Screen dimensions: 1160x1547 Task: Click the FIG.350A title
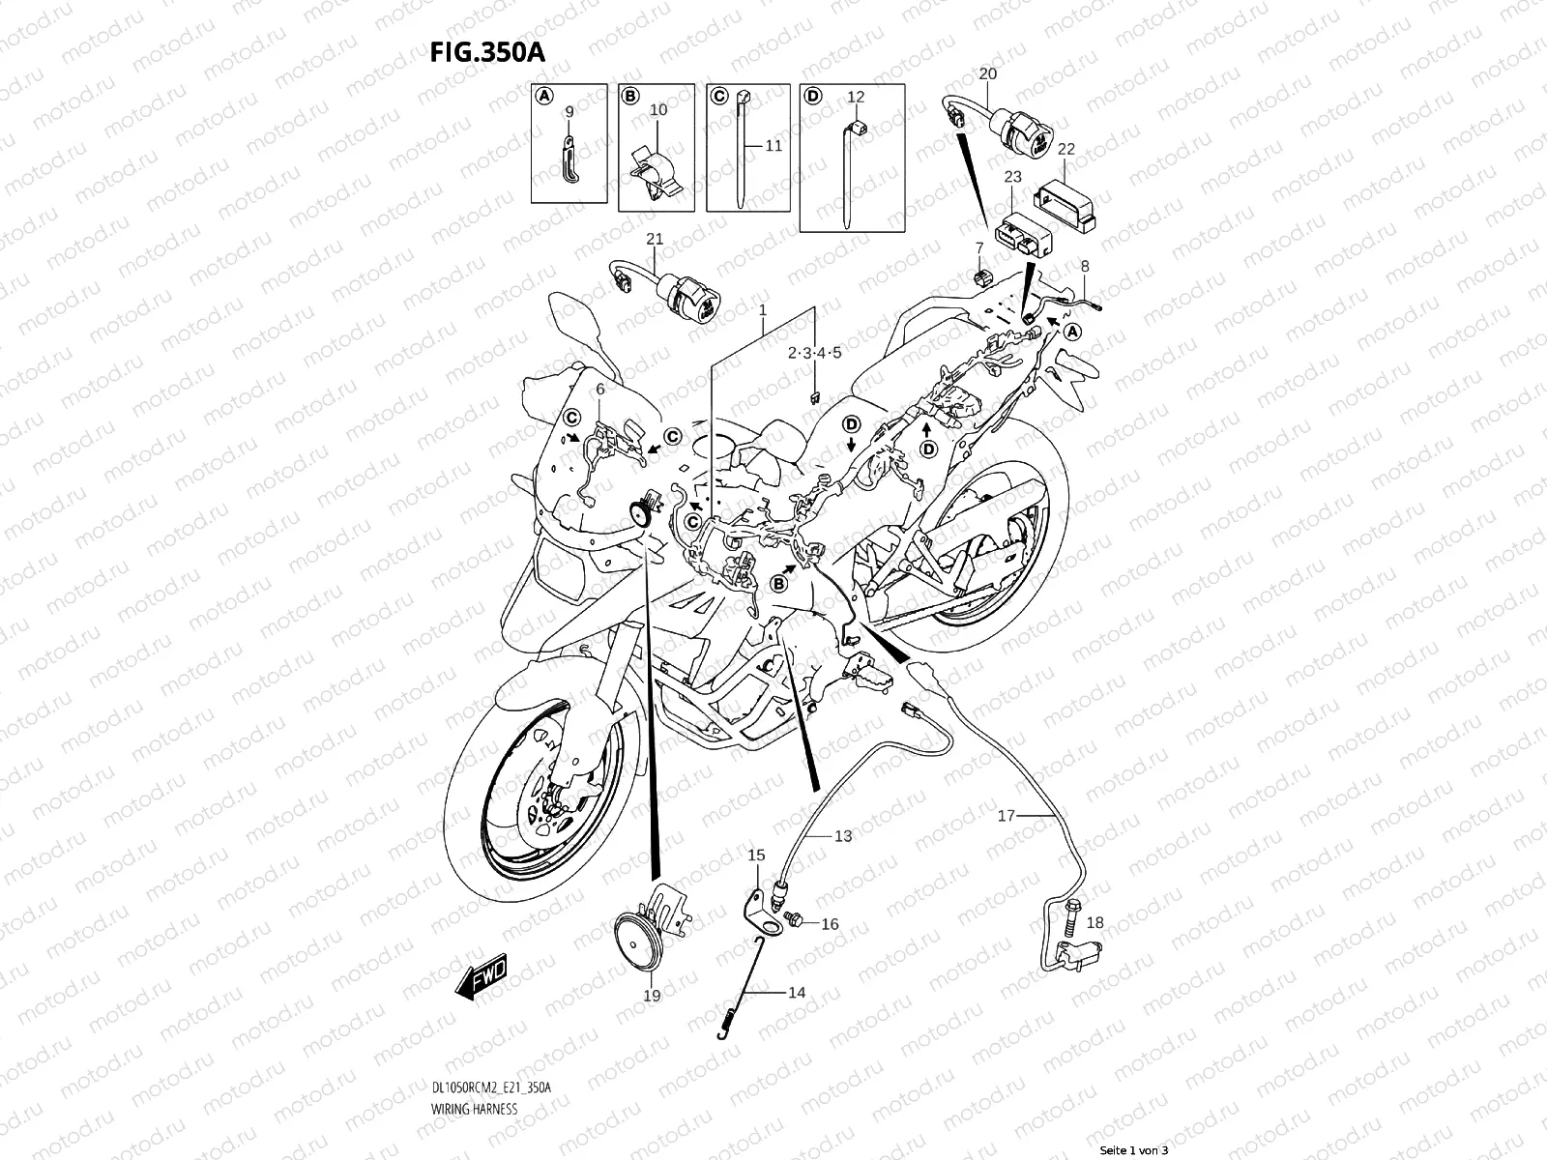(487, 51)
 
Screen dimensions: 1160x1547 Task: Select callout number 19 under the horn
(652, 995)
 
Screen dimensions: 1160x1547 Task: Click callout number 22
(1065, 149)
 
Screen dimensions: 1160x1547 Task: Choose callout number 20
(987, 73)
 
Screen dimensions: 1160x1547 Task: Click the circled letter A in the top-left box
(543, 96)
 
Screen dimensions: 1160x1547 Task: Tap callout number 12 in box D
(856, 97)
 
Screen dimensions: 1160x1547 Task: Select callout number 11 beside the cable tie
(773, 146)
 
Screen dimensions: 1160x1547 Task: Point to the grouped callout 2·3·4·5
(814, 353)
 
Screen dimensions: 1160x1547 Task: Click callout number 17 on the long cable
(1007, 816)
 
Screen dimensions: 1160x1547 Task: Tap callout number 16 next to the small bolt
(830, 924)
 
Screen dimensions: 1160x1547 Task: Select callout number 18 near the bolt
(1095, 923)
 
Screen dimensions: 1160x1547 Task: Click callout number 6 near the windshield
(599, 389)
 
